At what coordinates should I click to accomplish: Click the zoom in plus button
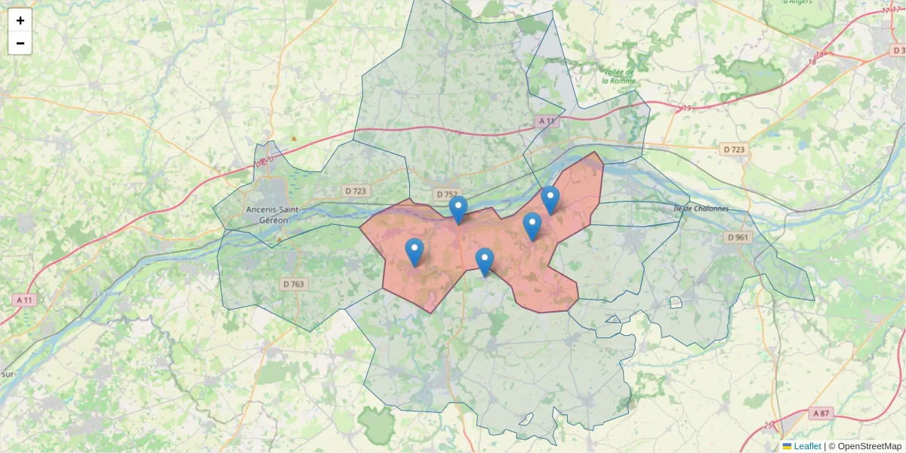[x=20, y=20]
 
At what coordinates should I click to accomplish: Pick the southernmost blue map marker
[x=485, y=261]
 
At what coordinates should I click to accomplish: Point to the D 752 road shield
[x=447, y=194]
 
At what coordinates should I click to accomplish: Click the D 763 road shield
[x=294, y=284]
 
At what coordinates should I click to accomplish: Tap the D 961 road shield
[x=738, y=237]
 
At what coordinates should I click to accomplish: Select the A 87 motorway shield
[x=821, y=413]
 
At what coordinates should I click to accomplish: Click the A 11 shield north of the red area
[x=547, y=121]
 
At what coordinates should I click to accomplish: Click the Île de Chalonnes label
[x=701, y=208]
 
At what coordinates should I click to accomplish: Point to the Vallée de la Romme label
[x=619, y=75]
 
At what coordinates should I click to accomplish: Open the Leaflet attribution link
[x=807, y=446]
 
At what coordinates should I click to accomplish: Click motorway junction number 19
[x=687, y=109]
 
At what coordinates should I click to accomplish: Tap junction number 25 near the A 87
[x=769, y=425]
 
